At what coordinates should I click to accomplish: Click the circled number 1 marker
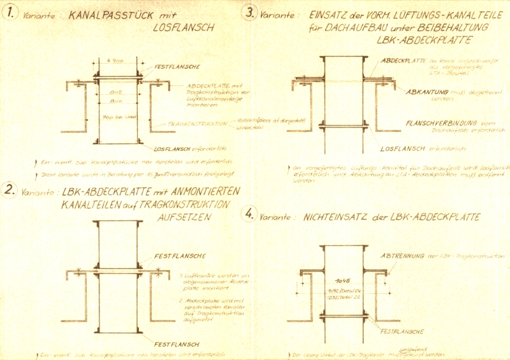coord(11,13)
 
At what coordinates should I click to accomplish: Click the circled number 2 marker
coord(10,189)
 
